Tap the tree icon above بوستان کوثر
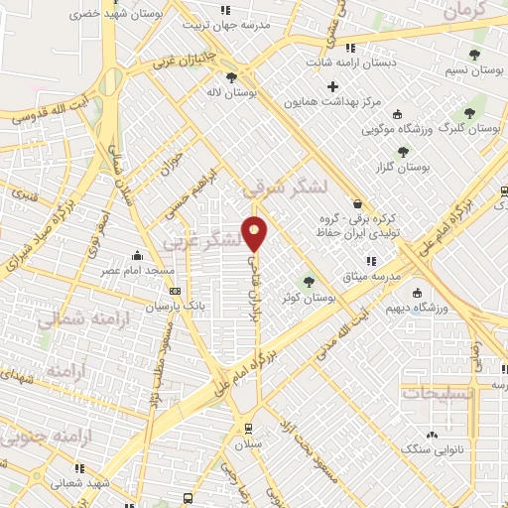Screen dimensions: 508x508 click(x=310, y=282)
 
